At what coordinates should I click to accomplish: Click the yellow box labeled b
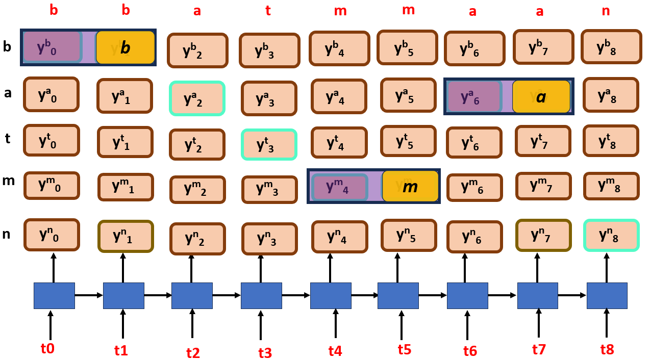click(125, 47)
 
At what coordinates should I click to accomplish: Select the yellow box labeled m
click(410, 186)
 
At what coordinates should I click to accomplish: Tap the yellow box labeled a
click(541, 96)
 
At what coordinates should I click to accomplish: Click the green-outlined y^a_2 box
click(197, 98)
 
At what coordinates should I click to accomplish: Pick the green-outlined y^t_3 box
click(269, 145)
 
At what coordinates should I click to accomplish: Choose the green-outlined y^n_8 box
click(611, 235)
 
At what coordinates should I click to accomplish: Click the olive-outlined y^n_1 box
click(125, 236)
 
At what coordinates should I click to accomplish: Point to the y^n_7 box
click(543, 235)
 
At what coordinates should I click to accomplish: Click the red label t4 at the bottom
click(335, 351)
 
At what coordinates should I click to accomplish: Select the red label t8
click(607, 349)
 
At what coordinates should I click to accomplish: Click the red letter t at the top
click(268, 11)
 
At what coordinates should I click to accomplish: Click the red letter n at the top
click(606, 11)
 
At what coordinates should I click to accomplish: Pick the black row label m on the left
click(8, 181)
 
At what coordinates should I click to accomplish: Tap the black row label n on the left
click(7, 234)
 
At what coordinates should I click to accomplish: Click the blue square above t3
click(261, 295)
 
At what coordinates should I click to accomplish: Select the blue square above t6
click(467, 295)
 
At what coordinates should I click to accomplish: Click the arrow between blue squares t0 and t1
click(89, 295)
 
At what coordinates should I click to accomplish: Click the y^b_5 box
click(407, 48)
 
